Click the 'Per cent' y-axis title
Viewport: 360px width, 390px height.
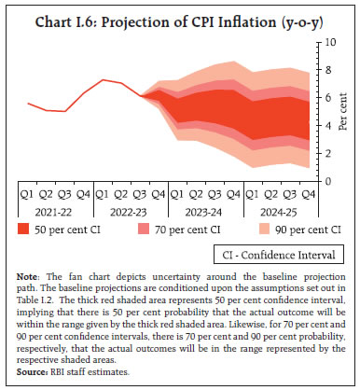(341, 112)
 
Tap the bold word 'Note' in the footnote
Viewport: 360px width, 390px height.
(28, 272)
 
